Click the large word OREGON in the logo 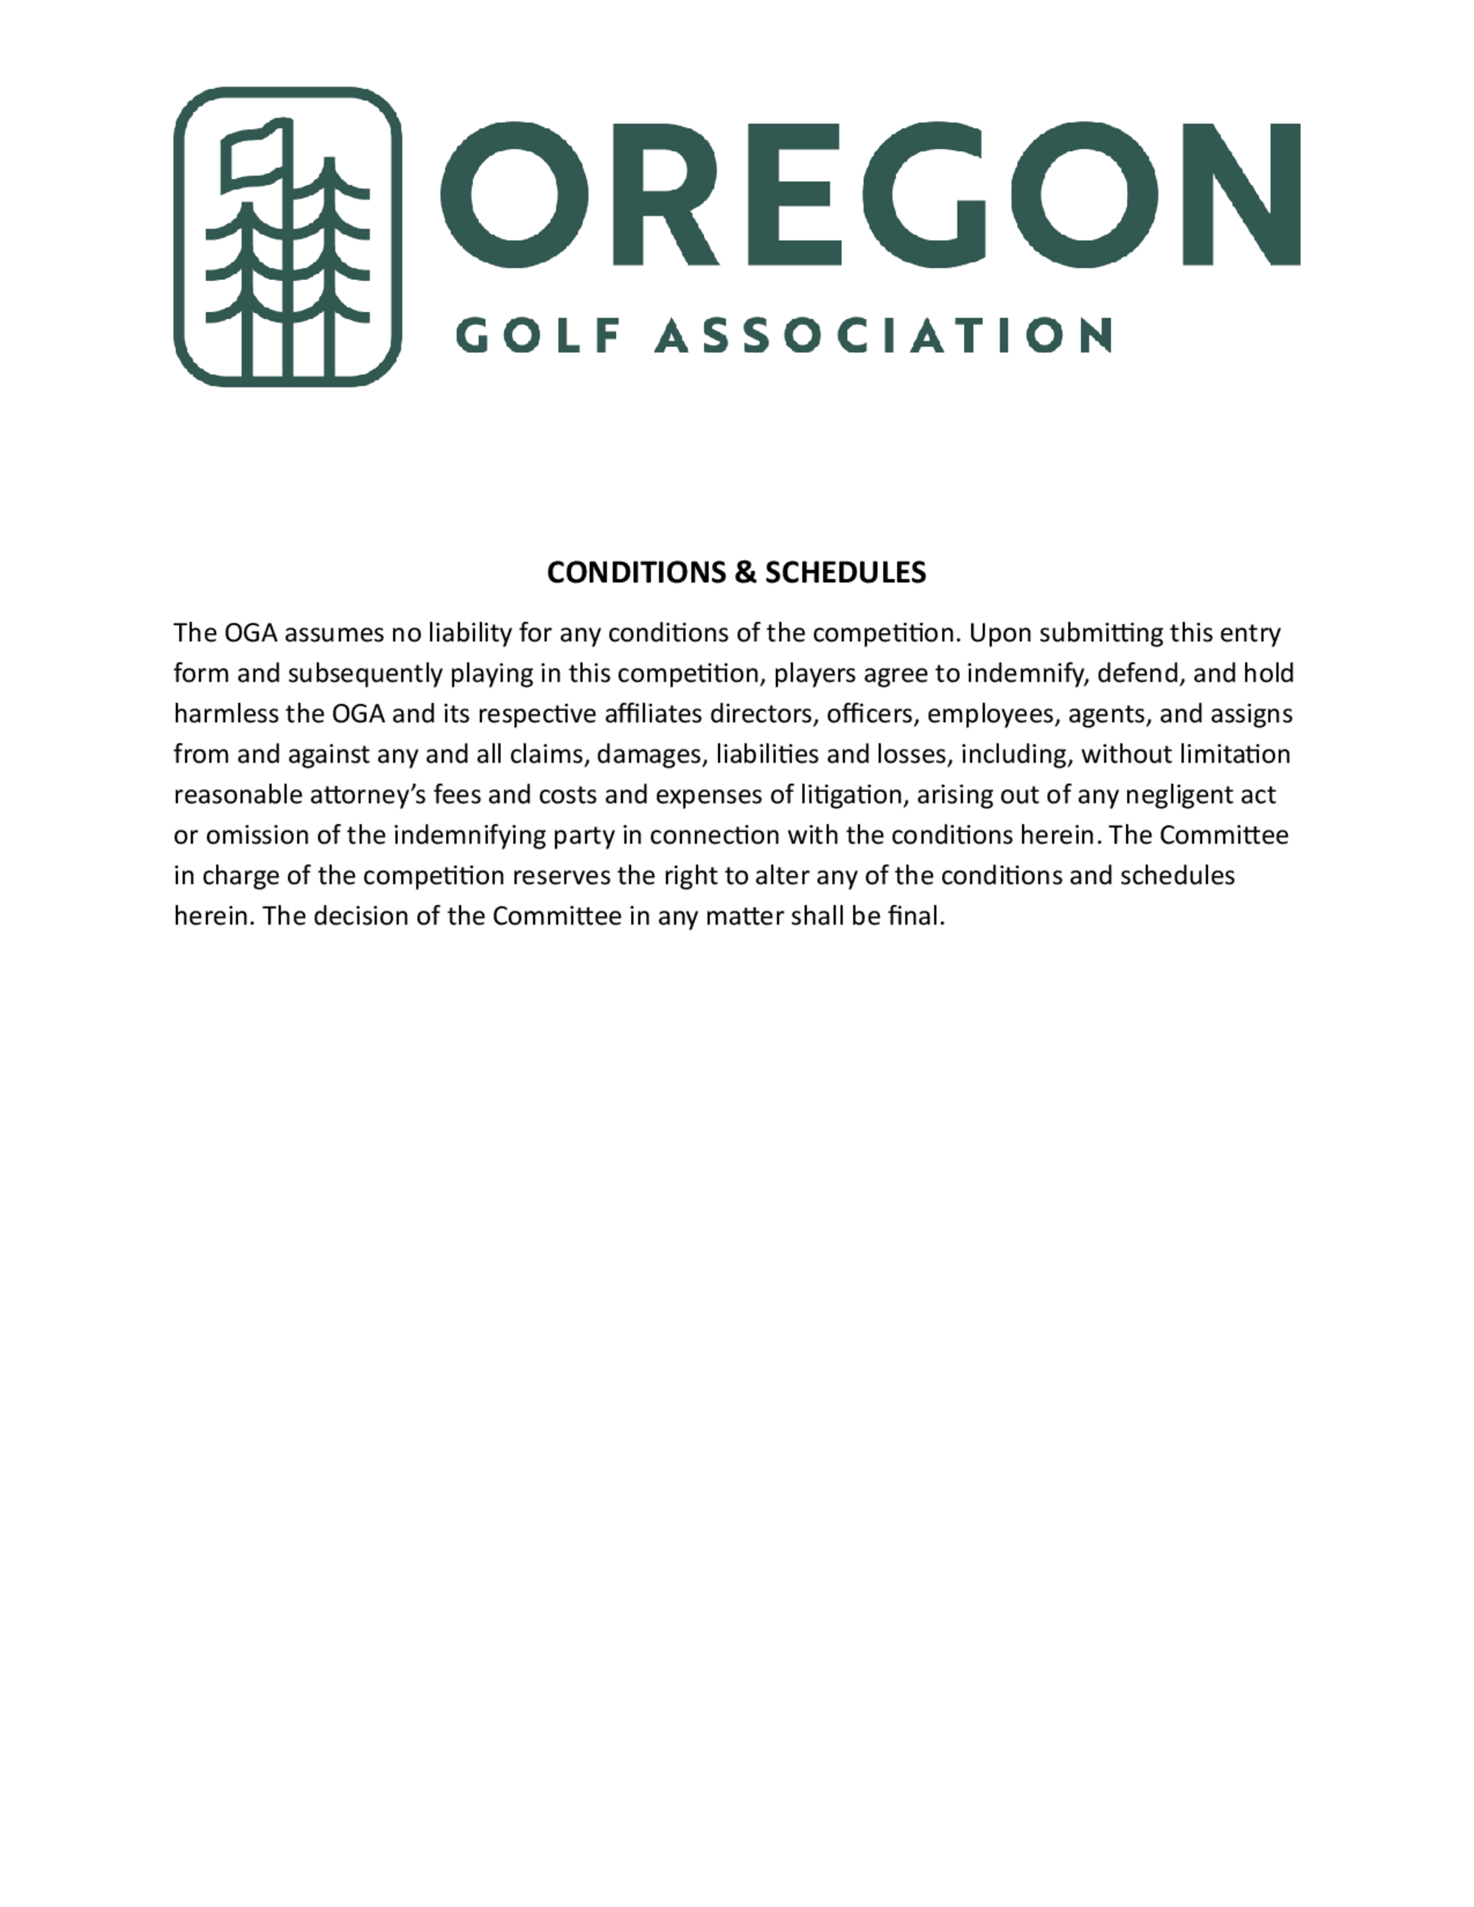[x=870, y=193]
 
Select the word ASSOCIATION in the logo [x=883, y=335]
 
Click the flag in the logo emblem [x=254, y=157]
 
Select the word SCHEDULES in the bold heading [x=845, y=573]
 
